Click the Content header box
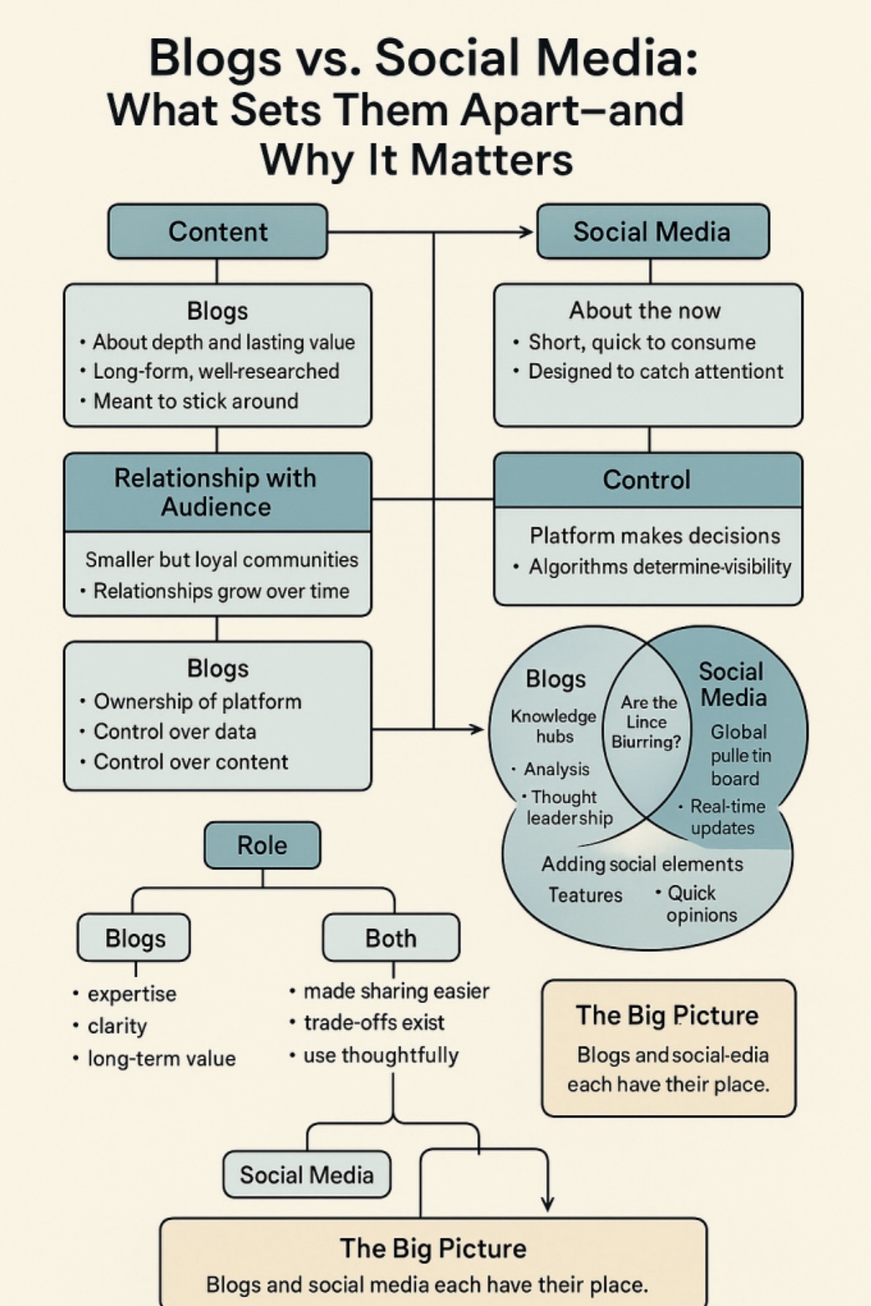click(x=217, y=231)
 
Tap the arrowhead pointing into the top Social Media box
click(x=526, y=232)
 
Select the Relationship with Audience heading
click(x=217, y=492)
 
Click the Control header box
click(x=647, y=479)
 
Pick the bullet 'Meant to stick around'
click(x=195, y=401)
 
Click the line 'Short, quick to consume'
click(x=642, y=342)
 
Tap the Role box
click(x=262, y=845)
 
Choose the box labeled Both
click(x=391, y=938)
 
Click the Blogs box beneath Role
click(x=135, y=938)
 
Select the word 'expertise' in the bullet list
click(x=132, y=994)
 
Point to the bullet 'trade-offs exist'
click(x=373, y=1022)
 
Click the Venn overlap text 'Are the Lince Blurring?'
click(x=647, y=722)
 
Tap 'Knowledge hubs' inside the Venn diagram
click(x=554, y=726)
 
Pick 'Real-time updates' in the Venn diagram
click(x=727, y=817)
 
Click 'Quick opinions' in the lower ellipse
click(x=700, y=904)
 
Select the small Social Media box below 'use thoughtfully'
click(x=307, y=1174)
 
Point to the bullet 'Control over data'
click(x=174, y=732)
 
